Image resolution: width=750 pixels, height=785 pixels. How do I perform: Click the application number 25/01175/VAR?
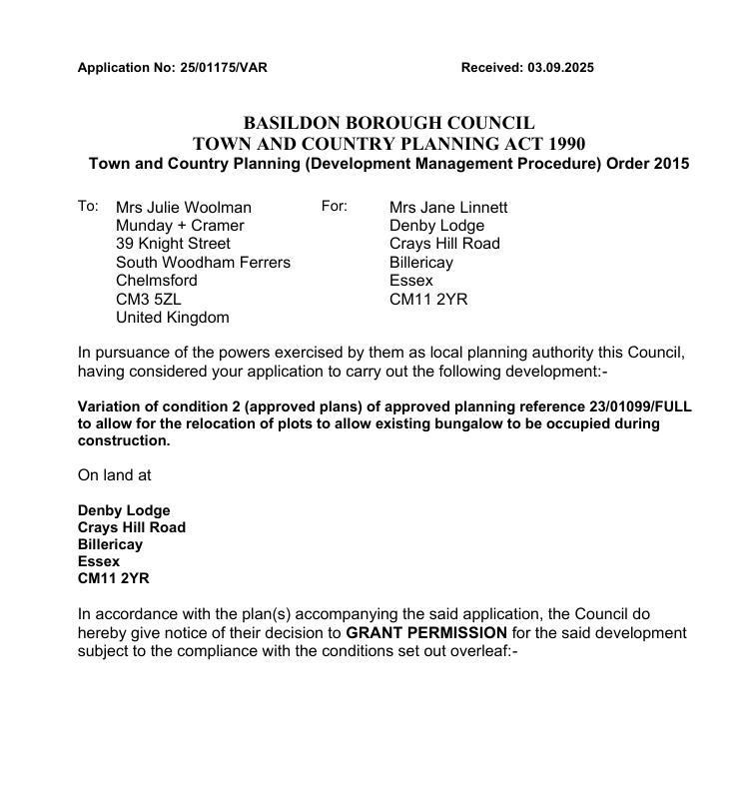point(224,68)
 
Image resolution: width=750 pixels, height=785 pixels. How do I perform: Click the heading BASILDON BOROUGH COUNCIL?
point(388,123)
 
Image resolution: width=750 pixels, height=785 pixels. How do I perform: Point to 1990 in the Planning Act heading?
point(565,144)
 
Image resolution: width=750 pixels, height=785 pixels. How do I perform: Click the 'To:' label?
point(88,206)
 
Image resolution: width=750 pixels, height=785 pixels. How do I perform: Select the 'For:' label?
point(334,206)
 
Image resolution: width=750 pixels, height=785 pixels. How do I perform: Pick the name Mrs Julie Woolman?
point(184,208)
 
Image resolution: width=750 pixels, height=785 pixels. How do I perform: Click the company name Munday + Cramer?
point(180,226)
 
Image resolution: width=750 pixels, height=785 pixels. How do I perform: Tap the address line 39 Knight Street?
point(173,244)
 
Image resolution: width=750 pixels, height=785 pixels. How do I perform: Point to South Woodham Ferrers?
point(203,263)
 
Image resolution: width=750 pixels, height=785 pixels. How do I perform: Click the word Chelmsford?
point(157,281)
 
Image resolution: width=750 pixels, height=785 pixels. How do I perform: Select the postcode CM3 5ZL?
point(149,300)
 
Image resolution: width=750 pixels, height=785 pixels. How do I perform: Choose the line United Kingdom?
point(173,318)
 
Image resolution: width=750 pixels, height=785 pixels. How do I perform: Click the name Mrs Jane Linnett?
point(448,208)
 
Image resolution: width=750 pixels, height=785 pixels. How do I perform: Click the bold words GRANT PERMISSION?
point(426,633)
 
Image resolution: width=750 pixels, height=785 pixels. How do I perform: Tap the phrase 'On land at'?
point(114,475)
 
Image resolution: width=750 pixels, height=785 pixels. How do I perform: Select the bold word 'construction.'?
point(124,440)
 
